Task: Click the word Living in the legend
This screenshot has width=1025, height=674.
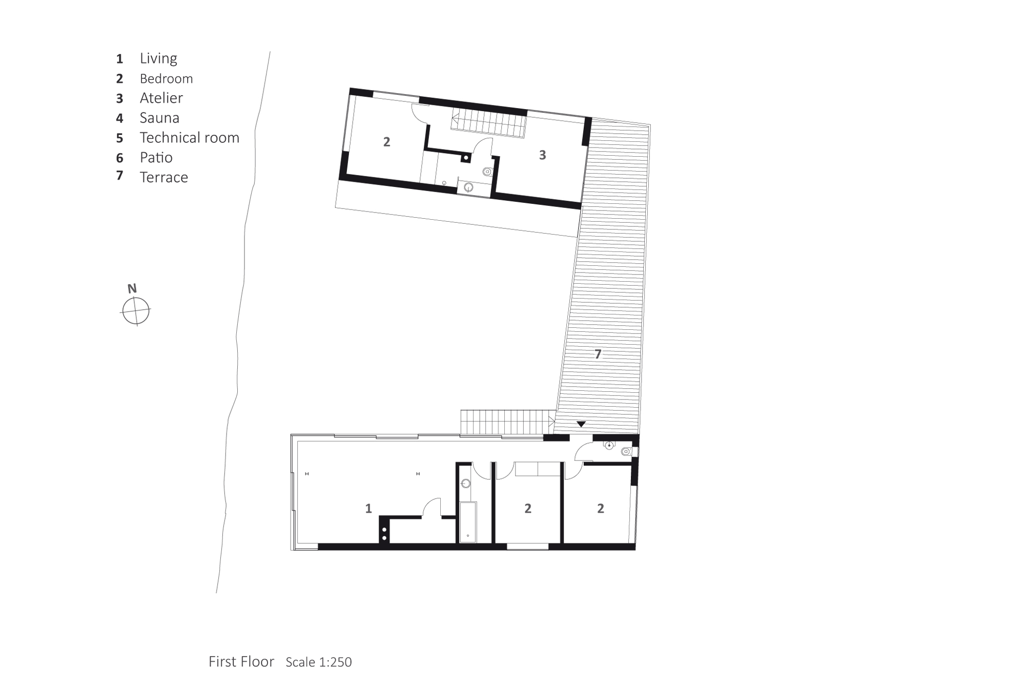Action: [x=158, y=58]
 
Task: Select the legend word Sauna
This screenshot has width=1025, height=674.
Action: [x=159, y=118]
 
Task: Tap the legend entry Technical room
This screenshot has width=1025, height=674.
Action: [x=190, y=138]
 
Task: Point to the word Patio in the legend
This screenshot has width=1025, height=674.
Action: [x=156, y=157]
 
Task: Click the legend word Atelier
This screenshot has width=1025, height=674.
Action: [x=161, y=98]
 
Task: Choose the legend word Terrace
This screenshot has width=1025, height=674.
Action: [x=164, y=177]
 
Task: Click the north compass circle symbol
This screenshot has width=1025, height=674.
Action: [x=136, y=311]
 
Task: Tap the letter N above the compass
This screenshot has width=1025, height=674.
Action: [x=132, y=288]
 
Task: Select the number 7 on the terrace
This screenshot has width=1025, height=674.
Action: [x=598, y=354]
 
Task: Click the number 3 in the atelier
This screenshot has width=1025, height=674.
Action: [x=543, y=155]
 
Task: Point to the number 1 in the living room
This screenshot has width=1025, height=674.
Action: [x=368, y=509]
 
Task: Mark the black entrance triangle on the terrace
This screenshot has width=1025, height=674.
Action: [x=581, y=424]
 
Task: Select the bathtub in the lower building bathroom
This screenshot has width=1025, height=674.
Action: [x=468, y=522]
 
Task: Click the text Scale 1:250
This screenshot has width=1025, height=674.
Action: [x=319, y=662]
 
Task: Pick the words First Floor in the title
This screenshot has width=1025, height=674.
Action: [x=241, y=661]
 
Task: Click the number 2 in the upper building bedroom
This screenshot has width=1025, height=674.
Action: [x=387, y=142]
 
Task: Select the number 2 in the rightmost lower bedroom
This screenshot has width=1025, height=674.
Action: [x=601, y=509]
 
